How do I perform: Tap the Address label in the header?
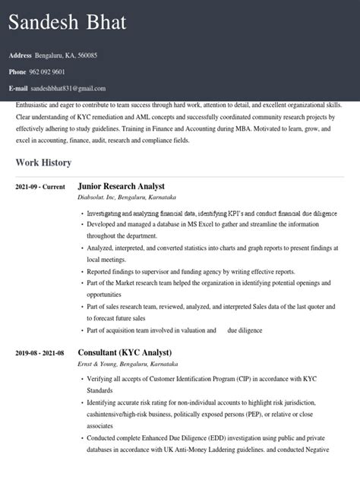(x=21, y=55)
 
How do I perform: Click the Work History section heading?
(x=43, y=163)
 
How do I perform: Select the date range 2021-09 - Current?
(x=40, y=186)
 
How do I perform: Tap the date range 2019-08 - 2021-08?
(x=40, y=353)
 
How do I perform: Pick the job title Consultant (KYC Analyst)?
(x=125, y=353)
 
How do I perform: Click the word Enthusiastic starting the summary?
(x=36, y=103)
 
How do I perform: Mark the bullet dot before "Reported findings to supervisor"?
(x=82, y=271)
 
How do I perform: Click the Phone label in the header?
(x=17, y=72)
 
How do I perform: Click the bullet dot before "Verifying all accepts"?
(x=82, y=379)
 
